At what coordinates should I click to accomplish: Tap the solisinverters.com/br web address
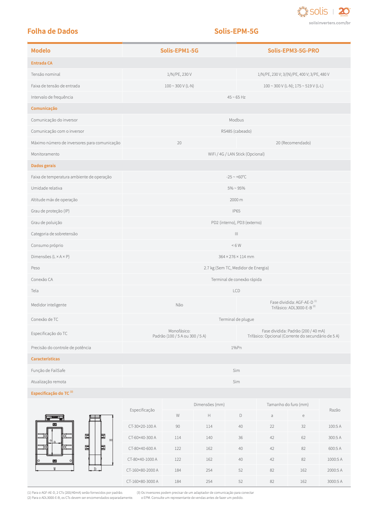tap(329, 23)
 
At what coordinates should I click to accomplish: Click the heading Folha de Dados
tap(53, 31)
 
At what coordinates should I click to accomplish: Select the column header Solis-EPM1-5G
tap(179, 51)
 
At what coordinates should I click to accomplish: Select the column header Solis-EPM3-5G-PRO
tap(293, 51)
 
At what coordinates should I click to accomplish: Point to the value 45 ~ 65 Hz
tap(236, 97)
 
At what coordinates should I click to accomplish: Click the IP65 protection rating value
tap(236, 211)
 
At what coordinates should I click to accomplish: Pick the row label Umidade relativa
tap(46, 188)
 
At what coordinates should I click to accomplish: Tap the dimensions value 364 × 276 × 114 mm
tap(236, 257)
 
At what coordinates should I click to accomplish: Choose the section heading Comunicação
tap(44, 108)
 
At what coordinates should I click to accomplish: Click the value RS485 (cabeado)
tap(236, 131)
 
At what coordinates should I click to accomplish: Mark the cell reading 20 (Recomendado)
tap(293, 143)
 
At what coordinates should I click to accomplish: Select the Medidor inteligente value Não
tap(179, 305)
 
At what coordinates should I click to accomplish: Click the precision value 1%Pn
tap(236, 348)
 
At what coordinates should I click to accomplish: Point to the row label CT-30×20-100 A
tap(142, 426)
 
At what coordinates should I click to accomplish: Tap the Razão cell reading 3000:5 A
tap(334, 481)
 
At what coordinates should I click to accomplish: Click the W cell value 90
tap(178, 426)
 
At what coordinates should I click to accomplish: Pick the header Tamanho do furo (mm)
tap(287, 405)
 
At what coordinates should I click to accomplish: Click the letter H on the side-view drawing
tap(111, 440)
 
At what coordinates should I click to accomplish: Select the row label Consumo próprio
tap(47, 245)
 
